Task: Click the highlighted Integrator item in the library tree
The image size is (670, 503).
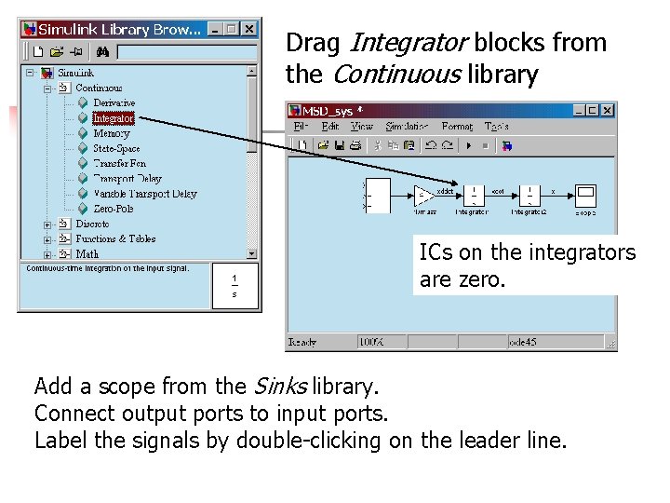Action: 114,118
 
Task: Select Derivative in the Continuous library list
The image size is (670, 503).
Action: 114,102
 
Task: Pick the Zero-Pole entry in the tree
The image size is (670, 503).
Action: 113,209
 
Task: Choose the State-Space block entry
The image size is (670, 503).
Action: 116,148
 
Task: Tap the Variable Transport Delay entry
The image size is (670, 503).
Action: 144,194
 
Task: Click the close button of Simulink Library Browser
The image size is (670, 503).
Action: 249,29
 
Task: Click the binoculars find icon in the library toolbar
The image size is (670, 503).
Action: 103,51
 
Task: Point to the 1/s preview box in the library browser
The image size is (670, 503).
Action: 234,286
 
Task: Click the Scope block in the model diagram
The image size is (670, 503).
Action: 585,196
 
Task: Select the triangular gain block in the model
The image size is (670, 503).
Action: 424,196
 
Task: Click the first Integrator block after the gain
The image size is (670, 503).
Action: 473,195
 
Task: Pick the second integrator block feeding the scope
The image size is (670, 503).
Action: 529,195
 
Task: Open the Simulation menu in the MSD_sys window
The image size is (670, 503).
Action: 407,127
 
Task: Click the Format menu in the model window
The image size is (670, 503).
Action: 456,127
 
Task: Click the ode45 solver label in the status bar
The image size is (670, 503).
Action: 525,342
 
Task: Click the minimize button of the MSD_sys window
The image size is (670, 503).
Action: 577,110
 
